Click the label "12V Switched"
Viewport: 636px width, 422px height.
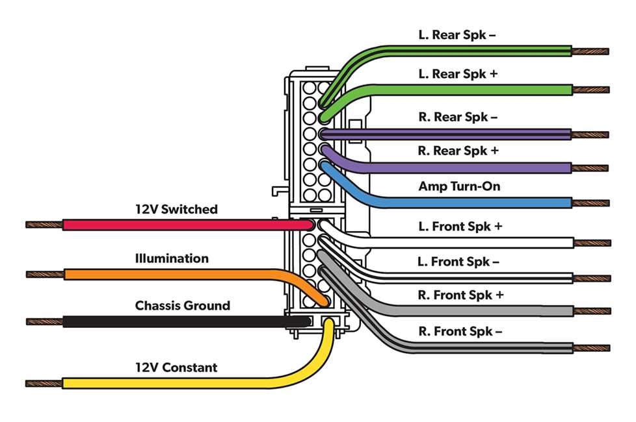pos(176,210)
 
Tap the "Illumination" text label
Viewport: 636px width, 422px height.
pos(172,258)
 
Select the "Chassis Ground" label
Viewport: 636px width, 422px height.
pos(182,305)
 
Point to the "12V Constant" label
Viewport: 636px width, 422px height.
pos(176,367)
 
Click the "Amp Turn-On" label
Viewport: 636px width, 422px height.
pos(459,187)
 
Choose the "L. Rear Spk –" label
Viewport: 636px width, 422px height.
pos(457,34)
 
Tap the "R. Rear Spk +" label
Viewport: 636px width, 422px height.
pos(458,151)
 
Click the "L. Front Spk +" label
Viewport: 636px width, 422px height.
pos(460,227)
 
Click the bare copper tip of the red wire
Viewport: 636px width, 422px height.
pos(44,225)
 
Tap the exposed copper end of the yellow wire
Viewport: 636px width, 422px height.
pos(44,384)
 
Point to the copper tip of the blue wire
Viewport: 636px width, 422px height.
pos(590,203)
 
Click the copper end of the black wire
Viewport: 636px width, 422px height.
pos(44,321)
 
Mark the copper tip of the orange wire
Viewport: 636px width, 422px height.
pos(44,274)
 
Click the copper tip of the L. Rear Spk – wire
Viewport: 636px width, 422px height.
pos(590,51)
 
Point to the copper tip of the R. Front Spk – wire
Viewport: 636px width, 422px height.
pos(590,348)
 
